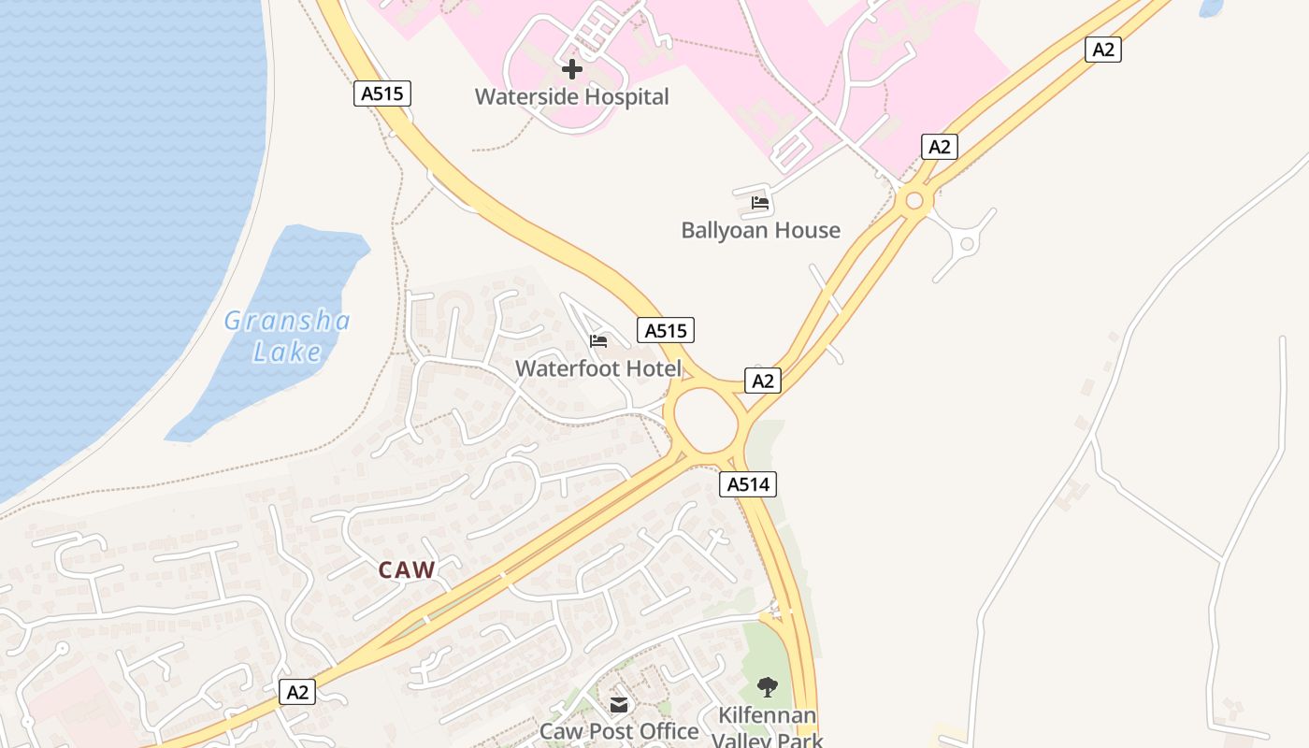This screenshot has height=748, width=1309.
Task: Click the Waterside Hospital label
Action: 571,96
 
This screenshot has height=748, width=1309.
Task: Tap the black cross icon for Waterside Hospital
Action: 571,69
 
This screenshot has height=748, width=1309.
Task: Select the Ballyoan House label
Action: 760,230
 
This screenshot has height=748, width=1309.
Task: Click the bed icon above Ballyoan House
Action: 759,202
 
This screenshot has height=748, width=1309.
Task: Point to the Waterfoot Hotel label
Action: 598,368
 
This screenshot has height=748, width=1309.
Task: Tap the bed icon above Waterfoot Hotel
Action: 598,341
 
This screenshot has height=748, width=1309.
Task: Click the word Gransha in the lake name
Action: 287,322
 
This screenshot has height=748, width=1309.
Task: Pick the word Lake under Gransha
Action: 287,352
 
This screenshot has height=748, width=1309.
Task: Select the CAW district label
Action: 407,569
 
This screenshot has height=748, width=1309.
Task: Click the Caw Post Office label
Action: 619,731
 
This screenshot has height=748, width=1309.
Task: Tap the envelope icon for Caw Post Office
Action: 619,705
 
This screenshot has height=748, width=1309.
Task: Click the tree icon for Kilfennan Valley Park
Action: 768,688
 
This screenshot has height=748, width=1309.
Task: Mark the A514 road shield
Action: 748,483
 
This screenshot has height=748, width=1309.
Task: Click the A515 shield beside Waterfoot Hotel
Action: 666,330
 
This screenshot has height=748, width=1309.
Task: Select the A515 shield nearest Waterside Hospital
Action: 382,93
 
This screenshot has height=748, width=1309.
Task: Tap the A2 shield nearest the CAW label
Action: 297,693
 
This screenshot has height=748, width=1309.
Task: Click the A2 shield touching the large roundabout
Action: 763,381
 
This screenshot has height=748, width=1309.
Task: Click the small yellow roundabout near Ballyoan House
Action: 914,200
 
